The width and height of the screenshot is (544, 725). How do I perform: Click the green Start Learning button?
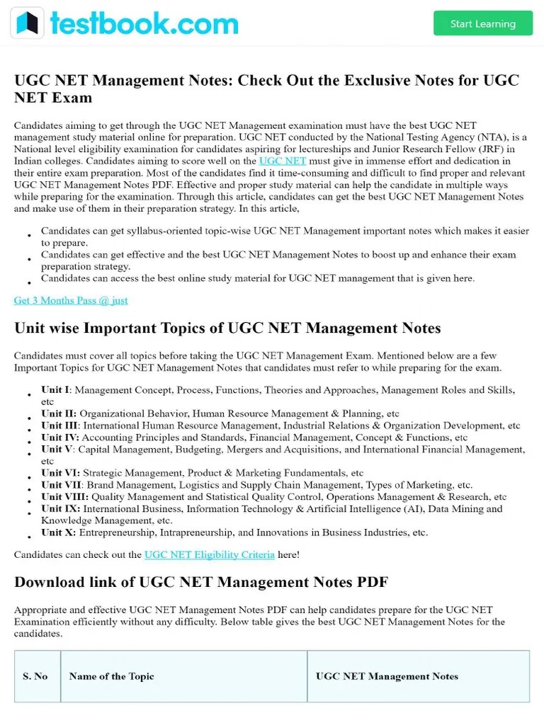482,23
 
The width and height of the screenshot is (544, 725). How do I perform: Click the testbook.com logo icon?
27,23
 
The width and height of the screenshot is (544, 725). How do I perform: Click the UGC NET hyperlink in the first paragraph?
283,161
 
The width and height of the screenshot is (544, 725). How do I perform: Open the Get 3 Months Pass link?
71,300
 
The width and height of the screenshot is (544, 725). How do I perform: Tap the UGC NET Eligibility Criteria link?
209,554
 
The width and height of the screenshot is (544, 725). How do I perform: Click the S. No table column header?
35,676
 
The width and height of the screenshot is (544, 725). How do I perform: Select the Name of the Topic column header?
111,676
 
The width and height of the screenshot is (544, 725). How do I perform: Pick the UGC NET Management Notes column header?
387,676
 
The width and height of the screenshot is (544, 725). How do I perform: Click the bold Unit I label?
56,390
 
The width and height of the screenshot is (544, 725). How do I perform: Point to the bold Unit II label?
57,413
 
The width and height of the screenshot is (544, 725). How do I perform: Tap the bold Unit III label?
59,426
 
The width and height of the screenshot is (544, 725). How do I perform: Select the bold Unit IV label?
59,438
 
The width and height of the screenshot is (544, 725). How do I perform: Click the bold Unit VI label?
59,473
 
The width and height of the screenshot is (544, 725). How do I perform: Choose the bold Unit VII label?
62,485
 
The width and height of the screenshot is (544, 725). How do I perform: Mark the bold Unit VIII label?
64,497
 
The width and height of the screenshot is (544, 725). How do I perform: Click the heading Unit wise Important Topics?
227,328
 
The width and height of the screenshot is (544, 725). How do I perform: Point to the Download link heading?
201,582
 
